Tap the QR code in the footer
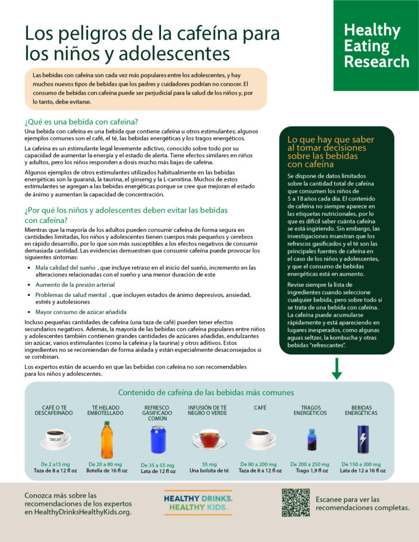pos(296,502)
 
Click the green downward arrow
pos(336,368)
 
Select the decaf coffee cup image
pos(55,439)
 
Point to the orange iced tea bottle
pos(106,439)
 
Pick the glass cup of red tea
pos(209,439)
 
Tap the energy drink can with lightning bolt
pos(363,439)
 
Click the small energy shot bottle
pos(311,439)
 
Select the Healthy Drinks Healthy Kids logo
pos(198,503)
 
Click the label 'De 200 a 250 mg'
pos(310,464)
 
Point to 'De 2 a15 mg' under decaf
pos(55,464)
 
